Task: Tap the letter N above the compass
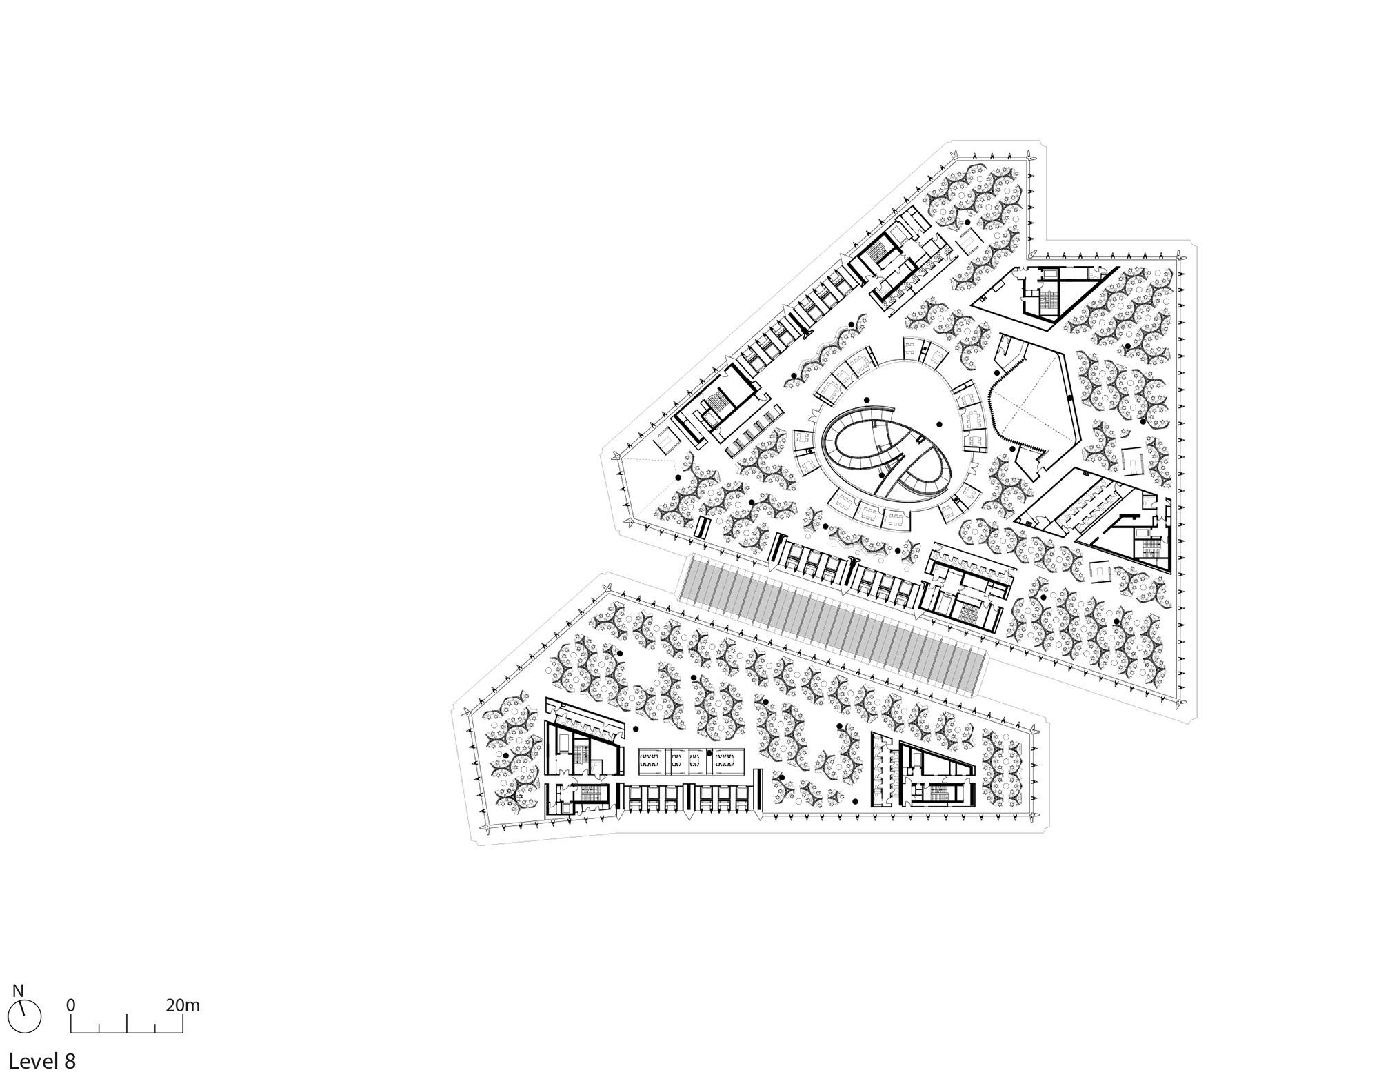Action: point(18,991)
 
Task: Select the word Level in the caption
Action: point(31,1060)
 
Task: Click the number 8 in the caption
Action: point(70,1060)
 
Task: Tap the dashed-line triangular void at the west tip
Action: point(645,483)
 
